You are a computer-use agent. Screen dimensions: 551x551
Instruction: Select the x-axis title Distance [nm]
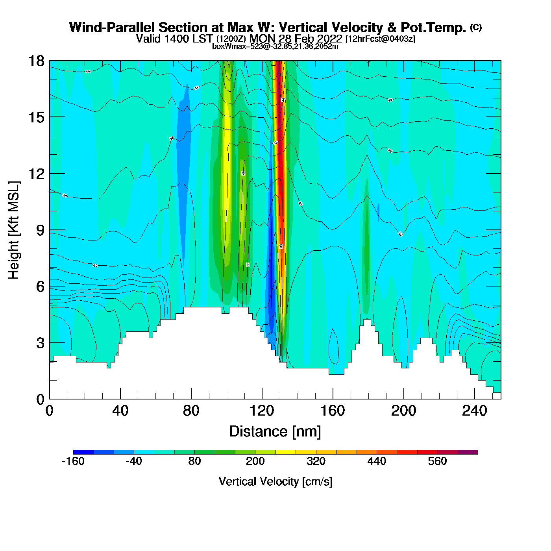click(275, 432)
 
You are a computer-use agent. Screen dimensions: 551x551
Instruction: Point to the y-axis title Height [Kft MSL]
click(14, 230)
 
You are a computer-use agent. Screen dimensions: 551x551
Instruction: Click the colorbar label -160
click(73, 461)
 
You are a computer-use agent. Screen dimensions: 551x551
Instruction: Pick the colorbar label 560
click(437, 461)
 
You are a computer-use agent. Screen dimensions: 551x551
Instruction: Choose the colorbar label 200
click(255, 461)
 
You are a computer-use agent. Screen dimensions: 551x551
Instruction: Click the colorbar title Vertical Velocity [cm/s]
click(275, 482)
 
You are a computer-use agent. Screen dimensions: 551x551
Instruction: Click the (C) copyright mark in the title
click(476, 27)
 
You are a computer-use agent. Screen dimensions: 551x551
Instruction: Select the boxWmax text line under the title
click(275, 46)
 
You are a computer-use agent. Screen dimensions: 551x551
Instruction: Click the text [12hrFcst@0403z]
click(380, 39)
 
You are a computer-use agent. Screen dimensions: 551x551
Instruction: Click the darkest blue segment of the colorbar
click(83, 452)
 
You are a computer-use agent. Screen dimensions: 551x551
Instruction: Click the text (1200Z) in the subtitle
click(231, 39)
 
